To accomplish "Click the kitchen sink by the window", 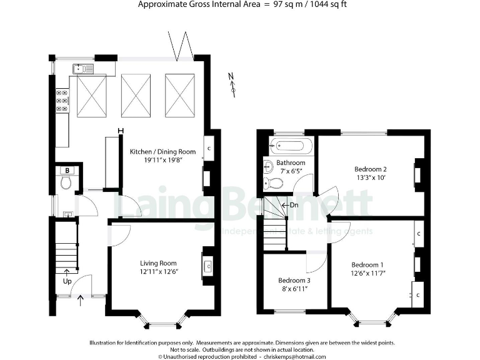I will point(82,69).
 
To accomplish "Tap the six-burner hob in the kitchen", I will point(62,100).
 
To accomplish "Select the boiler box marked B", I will point(66,170).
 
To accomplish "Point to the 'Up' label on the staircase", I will point(66,281).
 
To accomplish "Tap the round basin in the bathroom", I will point(267,166).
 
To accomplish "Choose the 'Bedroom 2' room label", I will point(371,169).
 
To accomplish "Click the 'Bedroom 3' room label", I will point(294,281).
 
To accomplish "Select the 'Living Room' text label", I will point(158,263).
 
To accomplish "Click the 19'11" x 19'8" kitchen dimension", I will point(162,160).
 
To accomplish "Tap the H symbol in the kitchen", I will point(121,131).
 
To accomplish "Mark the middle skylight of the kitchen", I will point(136,94).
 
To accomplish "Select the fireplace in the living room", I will point(208,265).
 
